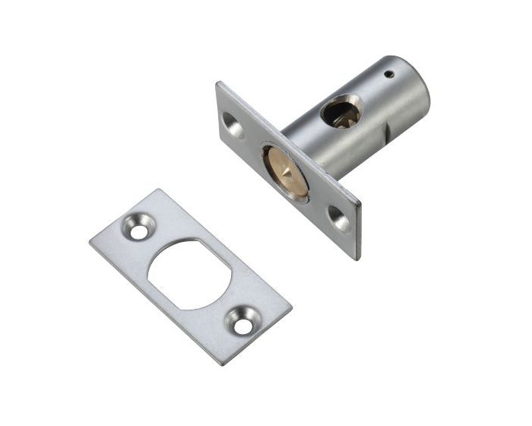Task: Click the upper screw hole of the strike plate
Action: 140,227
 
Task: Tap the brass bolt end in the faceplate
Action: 286,171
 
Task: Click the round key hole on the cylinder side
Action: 340,112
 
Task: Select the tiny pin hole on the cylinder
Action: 388,75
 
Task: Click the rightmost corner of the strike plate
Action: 292,308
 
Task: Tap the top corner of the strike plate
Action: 157,189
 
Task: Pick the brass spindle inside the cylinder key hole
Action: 342,115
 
